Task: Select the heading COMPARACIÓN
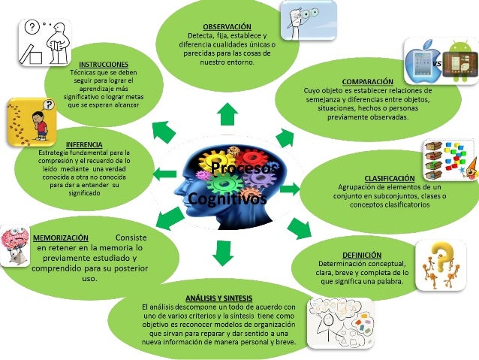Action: (367, 80)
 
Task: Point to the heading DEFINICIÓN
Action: (361, 255)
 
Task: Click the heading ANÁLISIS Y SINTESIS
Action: (218, 298)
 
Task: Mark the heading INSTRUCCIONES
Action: (103, 65)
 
